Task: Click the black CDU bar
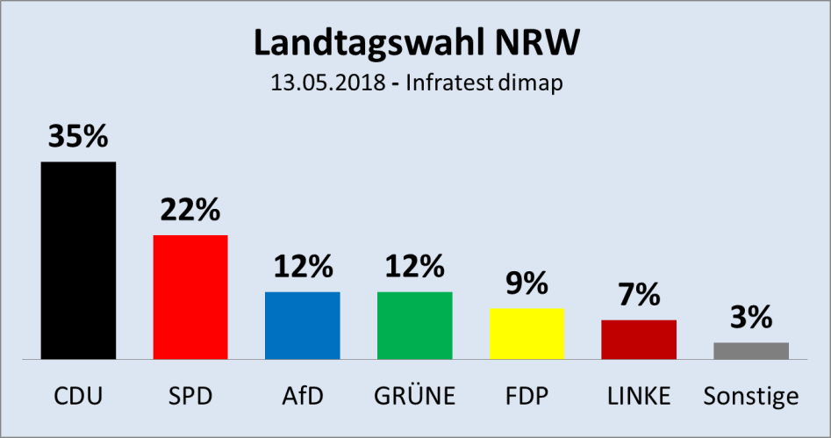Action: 78,261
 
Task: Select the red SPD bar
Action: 190,297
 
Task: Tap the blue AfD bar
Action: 302,326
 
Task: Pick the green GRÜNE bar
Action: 414,326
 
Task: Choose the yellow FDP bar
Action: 527,334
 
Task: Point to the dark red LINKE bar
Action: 639,340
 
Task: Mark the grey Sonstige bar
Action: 751,351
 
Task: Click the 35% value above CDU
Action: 78,137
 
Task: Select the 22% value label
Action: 190,210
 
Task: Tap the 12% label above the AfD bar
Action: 302,267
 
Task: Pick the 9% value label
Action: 527,284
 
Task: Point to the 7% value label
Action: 639,295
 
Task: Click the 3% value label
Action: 751,317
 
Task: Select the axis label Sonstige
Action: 751,396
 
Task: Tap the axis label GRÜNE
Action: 414,396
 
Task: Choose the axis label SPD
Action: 190,396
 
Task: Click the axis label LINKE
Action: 639,396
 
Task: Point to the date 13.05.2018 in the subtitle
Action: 324,84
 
